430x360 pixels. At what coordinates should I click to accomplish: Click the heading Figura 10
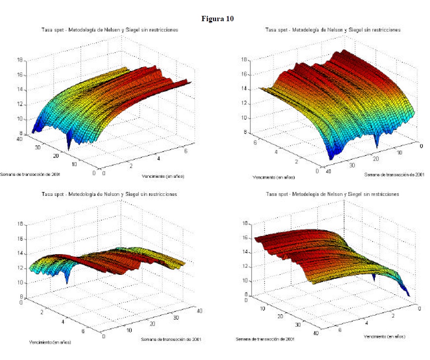[x=217, y=19]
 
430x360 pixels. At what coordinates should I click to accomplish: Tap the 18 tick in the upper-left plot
[x=20, y=60]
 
